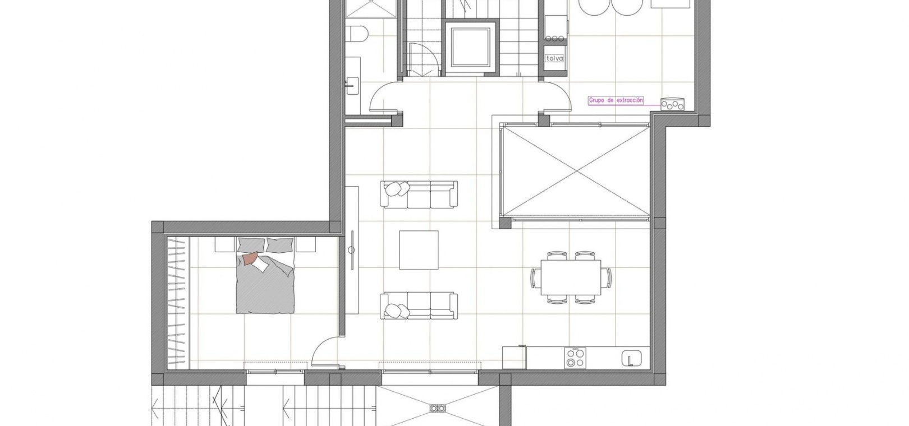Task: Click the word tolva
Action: (555, 58)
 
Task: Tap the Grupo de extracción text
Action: (616, 100)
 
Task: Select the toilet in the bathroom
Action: (357, 33)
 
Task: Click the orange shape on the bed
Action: (250, 258)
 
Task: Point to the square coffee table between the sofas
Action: (419, 250)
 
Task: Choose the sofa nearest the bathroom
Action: (419, 195)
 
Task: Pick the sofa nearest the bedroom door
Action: (419, 305)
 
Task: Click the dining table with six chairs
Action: (571, 277)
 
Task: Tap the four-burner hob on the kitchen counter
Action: (575, 358)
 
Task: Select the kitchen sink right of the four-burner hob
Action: (631, 358)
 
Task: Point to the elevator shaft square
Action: (470, 48)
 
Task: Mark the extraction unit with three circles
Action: (672, 104)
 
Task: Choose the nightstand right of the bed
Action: (306, 245)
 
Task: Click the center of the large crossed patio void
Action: (575, 173)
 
